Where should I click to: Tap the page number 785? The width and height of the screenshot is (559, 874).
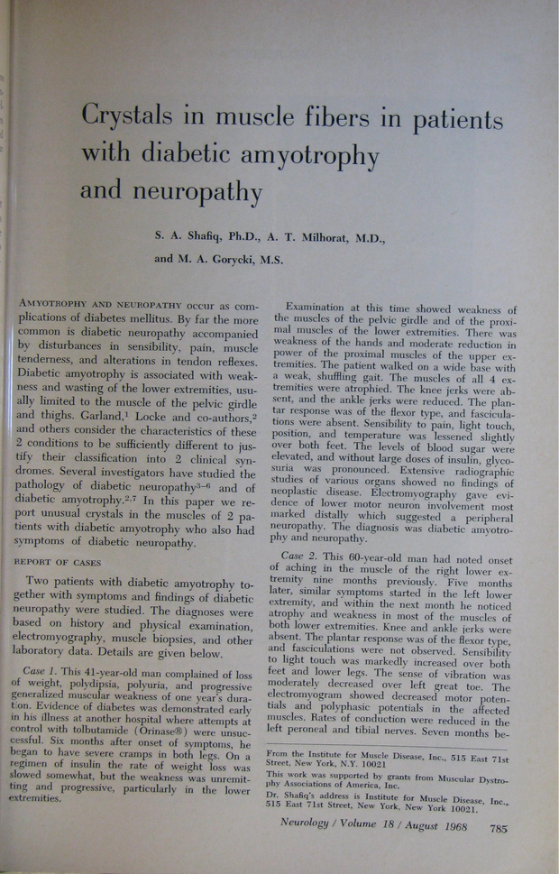click(x=499, y=826)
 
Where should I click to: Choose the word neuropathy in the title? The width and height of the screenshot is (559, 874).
click(x=171, y=191)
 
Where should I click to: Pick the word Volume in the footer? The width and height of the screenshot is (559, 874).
click(x=374, y=823)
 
